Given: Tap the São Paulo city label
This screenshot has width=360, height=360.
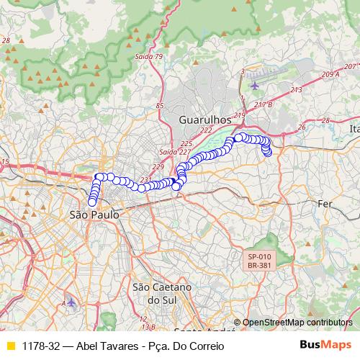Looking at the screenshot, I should pos(94,215).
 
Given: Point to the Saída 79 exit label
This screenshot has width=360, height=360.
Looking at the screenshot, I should pos(149,57).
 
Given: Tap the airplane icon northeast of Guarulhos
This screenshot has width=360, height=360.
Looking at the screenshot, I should pos(254,85).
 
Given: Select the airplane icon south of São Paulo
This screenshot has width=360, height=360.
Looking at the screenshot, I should pos(71,301).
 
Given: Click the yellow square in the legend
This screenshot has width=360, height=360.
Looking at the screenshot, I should pos(10,346).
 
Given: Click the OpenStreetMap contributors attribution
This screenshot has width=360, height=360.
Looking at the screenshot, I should pos(297,323).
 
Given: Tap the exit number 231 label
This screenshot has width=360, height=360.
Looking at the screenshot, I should pos(147,180).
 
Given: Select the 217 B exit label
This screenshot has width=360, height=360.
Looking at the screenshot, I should pos(264,105).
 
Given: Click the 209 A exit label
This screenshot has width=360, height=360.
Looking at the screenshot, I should pos(330,74).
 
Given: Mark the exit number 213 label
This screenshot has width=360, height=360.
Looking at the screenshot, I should pos(296,90).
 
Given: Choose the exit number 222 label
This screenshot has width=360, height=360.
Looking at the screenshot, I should pos(206,130).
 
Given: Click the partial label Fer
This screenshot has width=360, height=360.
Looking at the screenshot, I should pos(325,204).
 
